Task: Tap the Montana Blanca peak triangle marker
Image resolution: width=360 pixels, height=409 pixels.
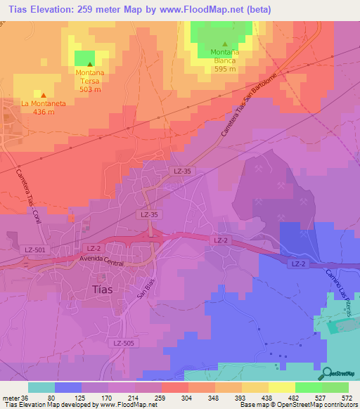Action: pyautogui.click(x=224, y=44)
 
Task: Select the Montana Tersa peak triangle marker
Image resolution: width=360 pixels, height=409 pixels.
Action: pyautogui.click(x=89, y=65)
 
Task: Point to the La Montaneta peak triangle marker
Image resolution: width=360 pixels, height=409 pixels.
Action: pyautogui.click(x=44, y=95)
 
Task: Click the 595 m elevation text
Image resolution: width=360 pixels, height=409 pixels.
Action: pyautogui.click(x=224, y=69)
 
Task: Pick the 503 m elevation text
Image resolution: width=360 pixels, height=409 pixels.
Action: pyautogui.click(x=89, y=89)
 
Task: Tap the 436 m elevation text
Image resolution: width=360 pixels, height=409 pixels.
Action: pyautogui.click(x=44, y=112)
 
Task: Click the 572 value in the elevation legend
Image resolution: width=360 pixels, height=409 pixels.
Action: pyautogui.click(x=347, y=398)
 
